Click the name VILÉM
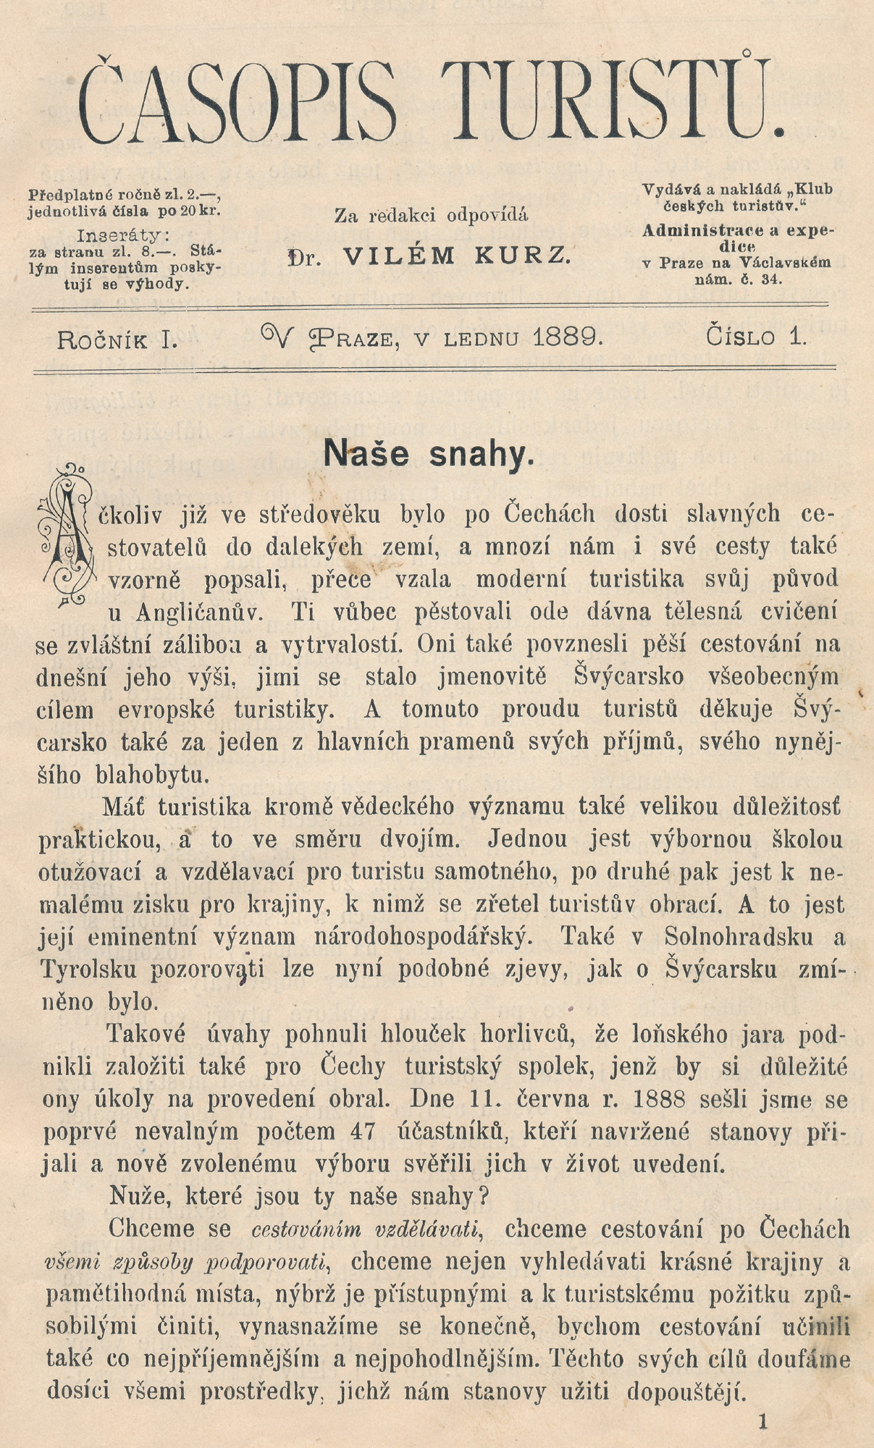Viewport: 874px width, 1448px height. pyautogui.click(x=399, y=256)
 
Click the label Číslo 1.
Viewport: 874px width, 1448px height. pyautogui.click(x=756, y=337)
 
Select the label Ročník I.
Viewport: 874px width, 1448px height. pyautogui.click(x=117, y=338)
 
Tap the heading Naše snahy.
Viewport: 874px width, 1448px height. pyautogui.click(x=429, y=454)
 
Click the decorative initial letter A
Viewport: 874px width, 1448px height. pyautogui.click(x=67, y=536)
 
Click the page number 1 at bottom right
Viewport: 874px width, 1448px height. pyautogui.click(x=762, y=1421)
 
